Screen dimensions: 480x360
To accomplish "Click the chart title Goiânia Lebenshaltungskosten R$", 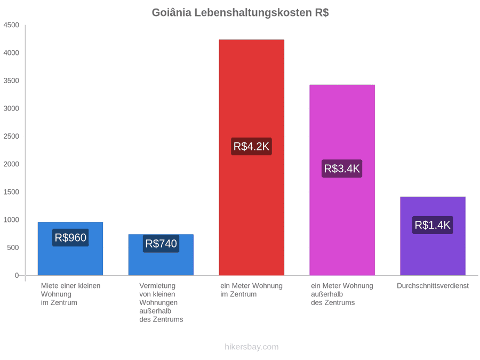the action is point(241,13).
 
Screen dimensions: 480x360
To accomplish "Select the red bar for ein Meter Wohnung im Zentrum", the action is point(252,157).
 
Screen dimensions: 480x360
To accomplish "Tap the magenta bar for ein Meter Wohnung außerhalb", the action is point(342,180).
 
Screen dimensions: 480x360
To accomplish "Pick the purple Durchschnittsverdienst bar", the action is point(433,236).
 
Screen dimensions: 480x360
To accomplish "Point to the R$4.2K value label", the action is point(251,146).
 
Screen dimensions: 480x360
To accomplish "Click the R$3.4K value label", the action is point(342,169).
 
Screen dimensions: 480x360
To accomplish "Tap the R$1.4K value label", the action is point(433,225).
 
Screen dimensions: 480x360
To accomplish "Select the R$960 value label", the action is point(70,237).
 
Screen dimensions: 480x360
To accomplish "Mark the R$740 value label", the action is point(161,244).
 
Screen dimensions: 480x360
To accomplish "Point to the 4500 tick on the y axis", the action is point(11,25).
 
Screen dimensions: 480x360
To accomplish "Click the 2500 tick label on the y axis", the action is point(11,136).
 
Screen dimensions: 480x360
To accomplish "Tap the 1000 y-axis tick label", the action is point(11,220).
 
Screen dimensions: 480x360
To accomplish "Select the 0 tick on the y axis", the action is point(17,276).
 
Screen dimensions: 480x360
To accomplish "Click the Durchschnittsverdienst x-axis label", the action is point(433,286).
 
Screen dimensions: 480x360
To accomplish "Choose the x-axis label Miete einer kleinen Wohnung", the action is point(71,294).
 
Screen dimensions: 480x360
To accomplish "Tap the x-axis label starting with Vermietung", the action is point(161,302).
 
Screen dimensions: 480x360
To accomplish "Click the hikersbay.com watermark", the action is point(252,347).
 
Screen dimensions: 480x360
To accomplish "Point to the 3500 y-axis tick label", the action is point(11,81).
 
